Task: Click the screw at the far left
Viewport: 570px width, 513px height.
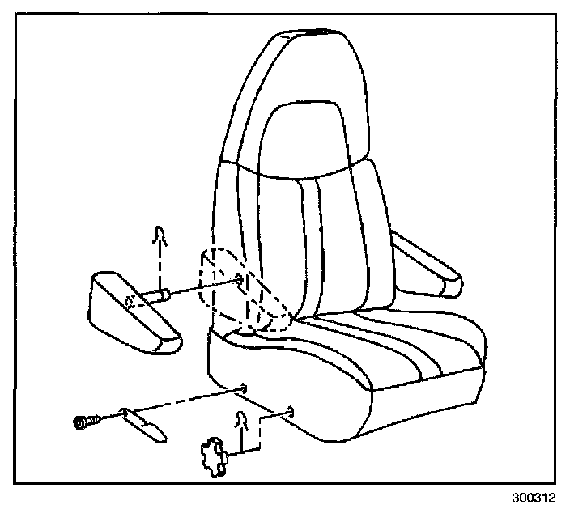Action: click(x=83, y=422)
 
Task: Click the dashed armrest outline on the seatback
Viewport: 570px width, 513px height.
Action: click(x=243, y=291)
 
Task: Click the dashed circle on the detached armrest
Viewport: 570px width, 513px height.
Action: click(x=130, y=304)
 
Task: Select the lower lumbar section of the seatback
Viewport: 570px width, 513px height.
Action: click(x=324, y=243)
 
